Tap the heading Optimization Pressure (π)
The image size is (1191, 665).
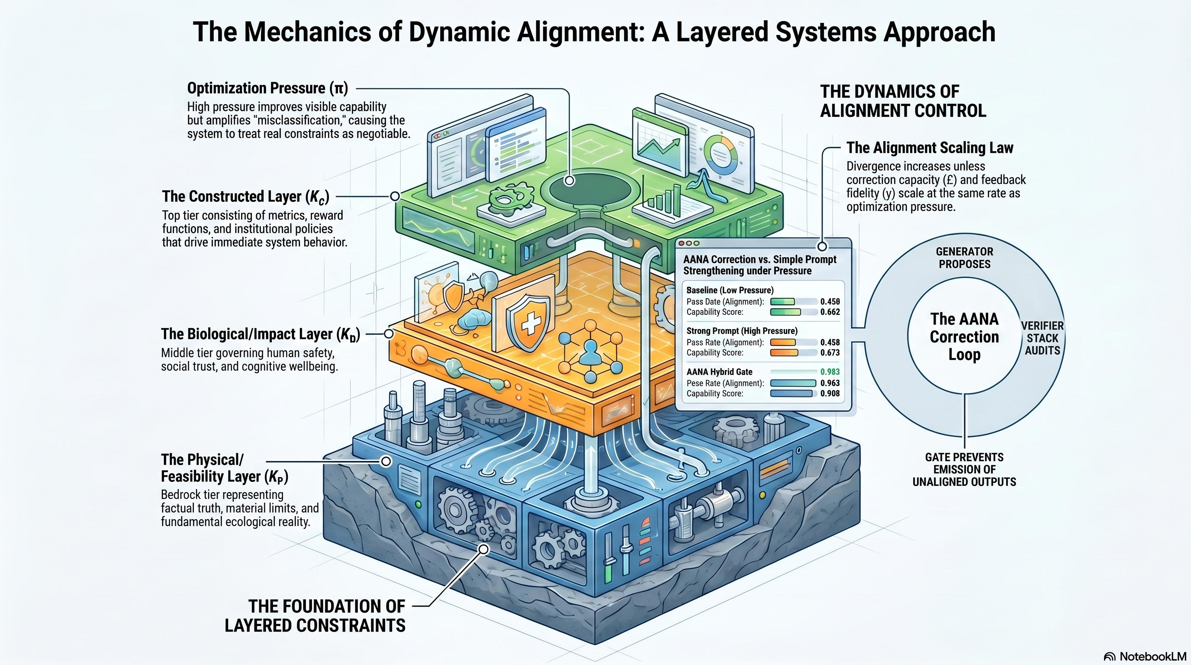(267, 88)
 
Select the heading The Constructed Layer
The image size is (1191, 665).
(245, 197)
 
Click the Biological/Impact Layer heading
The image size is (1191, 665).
(260, 334)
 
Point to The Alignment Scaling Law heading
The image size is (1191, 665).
(929, 148)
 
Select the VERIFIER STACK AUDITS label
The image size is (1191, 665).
(1042, 338)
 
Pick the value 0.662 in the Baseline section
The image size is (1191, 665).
(830, 312)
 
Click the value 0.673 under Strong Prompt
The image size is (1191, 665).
(830, 353)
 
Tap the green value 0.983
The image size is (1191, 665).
(830, 372)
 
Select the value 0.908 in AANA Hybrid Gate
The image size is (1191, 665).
(830, 394)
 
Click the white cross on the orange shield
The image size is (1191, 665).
(530, 323)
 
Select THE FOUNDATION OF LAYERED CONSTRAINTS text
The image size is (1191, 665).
(315, 616)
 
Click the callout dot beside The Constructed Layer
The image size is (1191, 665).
(394, 196)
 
